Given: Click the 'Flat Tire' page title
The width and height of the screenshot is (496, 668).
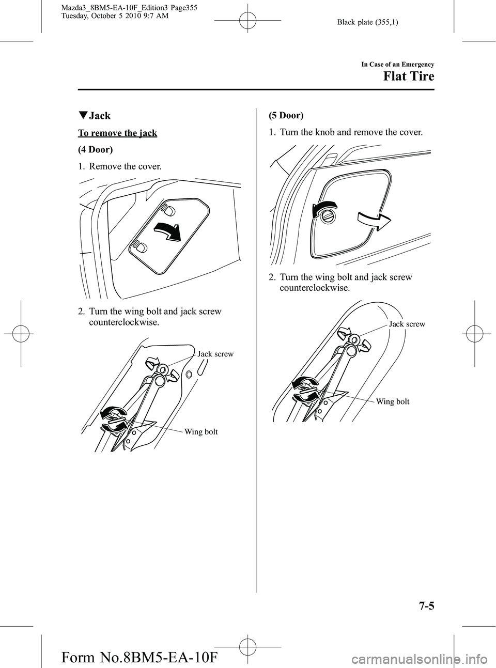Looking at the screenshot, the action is click(x=409, y=76).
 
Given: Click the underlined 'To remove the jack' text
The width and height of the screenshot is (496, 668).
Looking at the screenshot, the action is click(x=117, y=133).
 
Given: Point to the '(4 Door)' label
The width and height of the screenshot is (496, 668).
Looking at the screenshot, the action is click(x=96, y=149).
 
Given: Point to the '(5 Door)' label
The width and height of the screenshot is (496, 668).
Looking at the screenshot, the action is click(x=286, y=115).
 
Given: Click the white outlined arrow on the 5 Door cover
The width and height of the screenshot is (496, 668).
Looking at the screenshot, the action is click(x=374, y=221).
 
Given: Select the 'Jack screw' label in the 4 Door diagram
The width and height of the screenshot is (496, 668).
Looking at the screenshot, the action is click(x=215, y=353).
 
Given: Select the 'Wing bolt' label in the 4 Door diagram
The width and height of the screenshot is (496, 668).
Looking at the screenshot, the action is click(x=201, y=431).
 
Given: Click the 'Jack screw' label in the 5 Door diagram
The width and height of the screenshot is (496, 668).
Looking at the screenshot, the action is click(x=407, y=324).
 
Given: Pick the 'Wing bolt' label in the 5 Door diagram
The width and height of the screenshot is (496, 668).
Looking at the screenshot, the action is click(x=393, y=401).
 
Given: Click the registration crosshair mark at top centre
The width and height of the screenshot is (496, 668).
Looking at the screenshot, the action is click(x=247, y=21).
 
